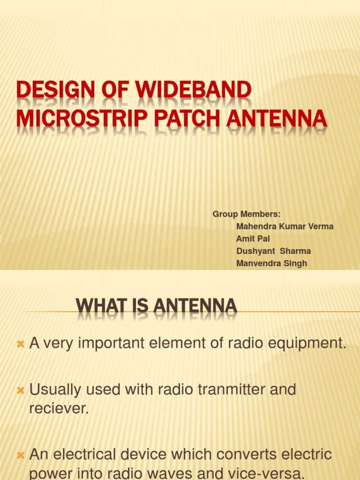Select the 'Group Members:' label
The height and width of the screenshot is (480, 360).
point(247,214)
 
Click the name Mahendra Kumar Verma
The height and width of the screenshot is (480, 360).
point(285,226)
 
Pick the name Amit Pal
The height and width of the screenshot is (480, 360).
point(253,239)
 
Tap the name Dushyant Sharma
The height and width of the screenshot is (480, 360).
point(273,251)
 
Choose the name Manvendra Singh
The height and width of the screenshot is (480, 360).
point(271,263)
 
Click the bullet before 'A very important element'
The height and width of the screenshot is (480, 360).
point(20,345)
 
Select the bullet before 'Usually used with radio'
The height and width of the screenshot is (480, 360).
point(20,390)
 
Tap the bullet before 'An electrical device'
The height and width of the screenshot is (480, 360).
point(20,455)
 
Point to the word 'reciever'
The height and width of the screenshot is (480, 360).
point(59,408)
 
